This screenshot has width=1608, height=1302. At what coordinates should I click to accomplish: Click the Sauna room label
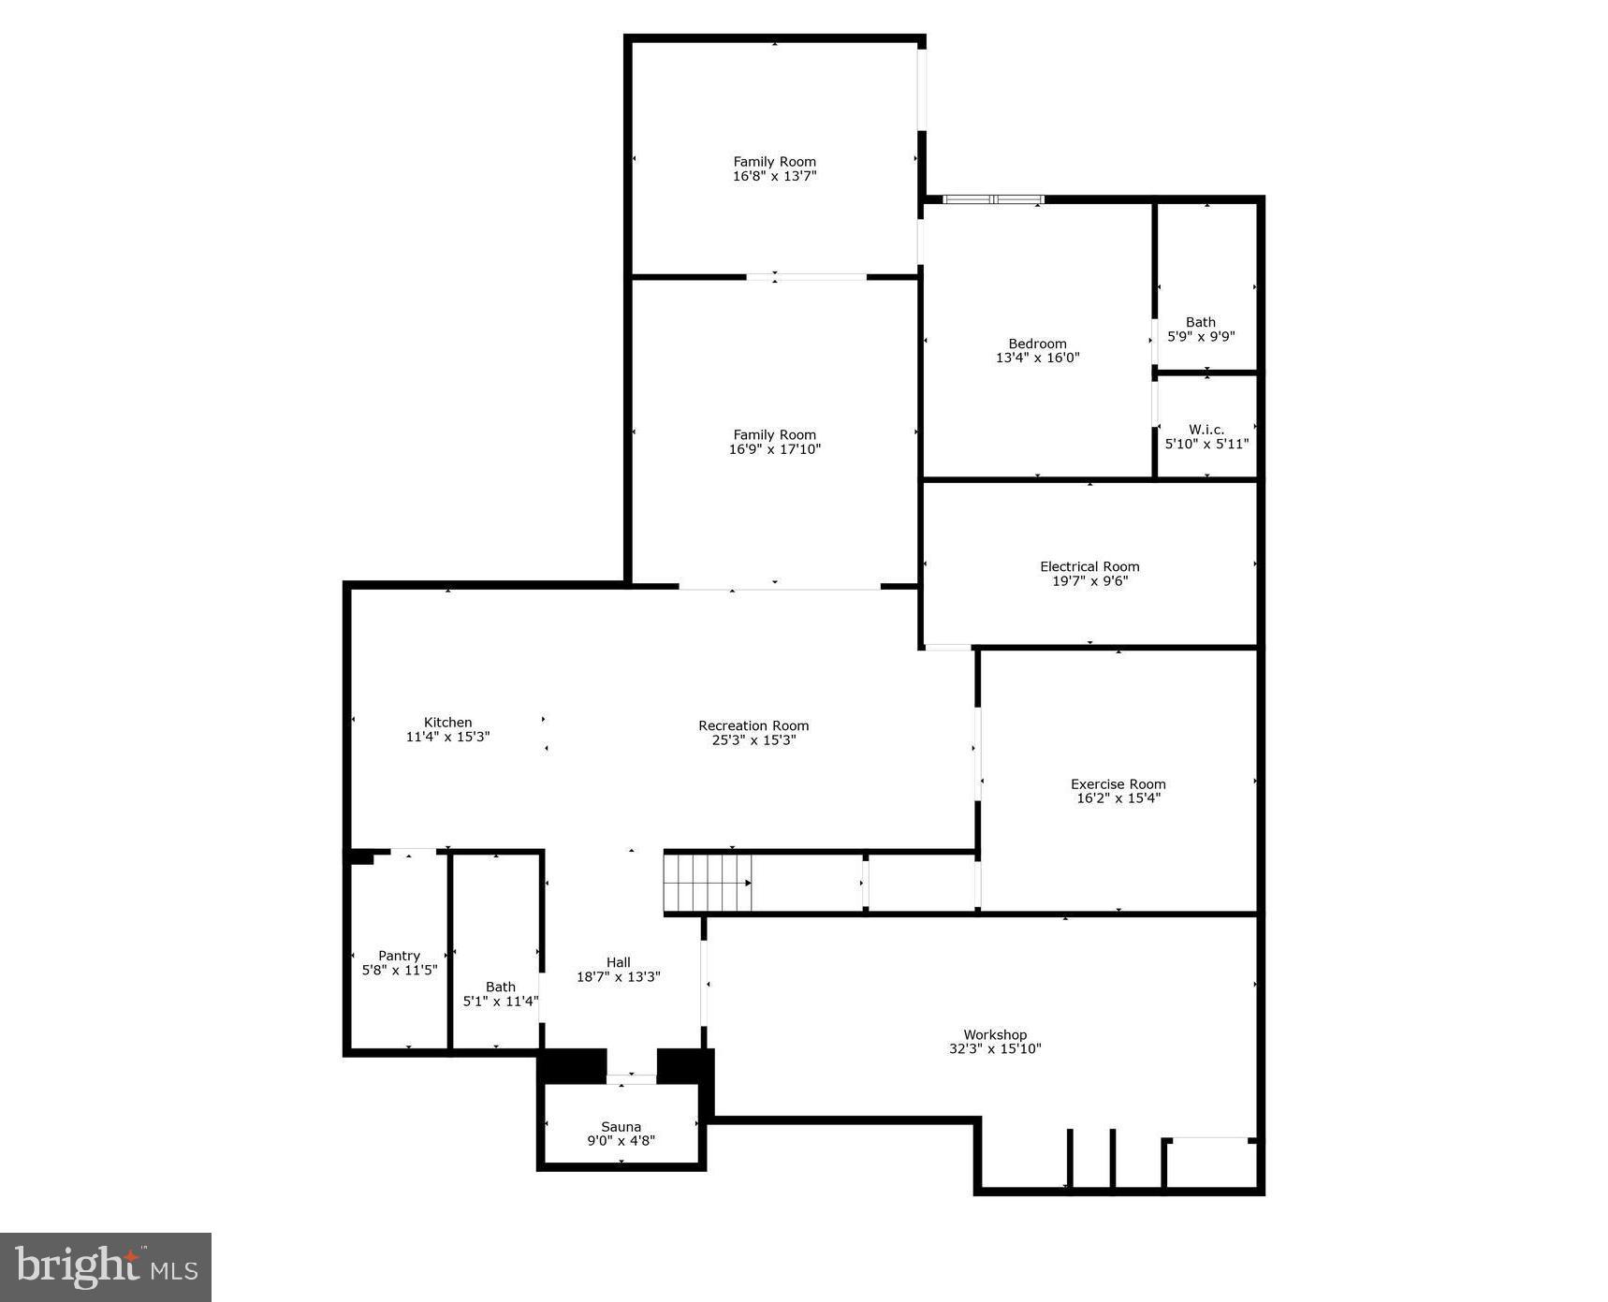(x=621, y=1127)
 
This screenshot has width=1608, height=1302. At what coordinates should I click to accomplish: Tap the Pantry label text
(x=400, y=956)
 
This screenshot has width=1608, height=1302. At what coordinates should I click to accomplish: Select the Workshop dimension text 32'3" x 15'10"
(x=995, y=1049)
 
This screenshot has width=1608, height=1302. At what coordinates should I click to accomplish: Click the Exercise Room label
(x=1118, y=784)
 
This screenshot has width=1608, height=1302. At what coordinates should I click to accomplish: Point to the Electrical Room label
(x=1089, y=566)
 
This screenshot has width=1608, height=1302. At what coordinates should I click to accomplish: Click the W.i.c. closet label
(x=1206, y=430)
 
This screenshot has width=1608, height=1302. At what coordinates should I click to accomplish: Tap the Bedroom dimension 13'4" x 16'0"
(x=1037, y=358)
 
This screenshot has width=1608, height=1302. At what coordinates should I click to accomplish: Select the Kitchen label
(x=447, y=722)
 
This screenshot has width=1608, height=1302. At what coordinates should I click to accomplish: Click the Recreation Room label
(x=753, y=725)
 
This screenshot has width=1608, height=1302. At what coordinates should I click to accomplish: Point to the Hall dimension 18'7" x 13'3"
(x=619, y=977)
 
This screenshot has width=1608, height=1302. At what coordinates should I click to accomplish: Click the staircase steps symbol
(x=708, y=882)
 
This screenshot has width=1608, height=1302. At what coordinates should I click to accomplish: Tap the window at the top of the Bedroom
(x=993, y=199)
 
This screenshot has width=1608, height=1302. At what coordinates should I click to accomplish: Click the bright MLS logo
(x=106, y=1266)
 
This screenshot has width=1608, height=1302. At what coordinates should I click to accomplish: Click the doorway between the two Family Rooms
(x=806, y=277)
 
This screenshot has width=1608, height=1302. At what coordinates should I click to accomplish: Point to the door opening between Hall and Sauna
(x=632, y=1079)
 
